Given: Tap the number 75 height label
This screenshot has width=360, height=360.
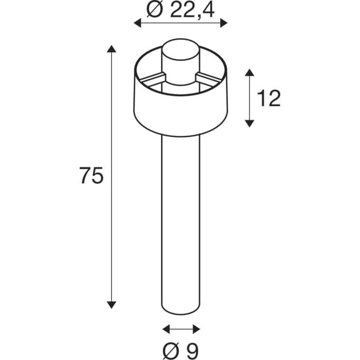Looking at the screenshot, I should [x=92, y=176].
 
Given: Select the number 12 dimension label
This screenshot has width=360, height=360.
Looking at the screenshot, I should [x=268, y=99].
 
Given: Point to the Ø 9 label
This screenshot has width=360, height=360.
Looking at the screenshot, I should [x=181, y=350].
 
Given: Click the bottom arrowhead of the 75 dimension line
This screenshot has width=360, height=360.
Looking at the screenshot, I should [x=112, y=304].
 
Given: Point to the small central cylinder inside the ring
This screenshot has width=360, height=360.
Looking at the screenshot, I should [x=181, y=61].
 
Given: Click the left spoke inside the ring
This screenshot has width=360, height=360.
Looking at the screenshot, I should [x=152, y=77].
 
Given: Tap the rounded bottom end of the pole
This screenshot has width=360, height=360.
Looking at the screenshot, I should [x=181, y=310].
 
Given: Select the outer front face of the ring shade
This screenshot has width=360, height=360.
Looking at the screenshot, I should [x=181, y=113].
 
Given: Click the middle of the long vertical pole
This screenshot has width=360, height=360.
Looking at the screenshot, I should [x=181, y=220].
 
